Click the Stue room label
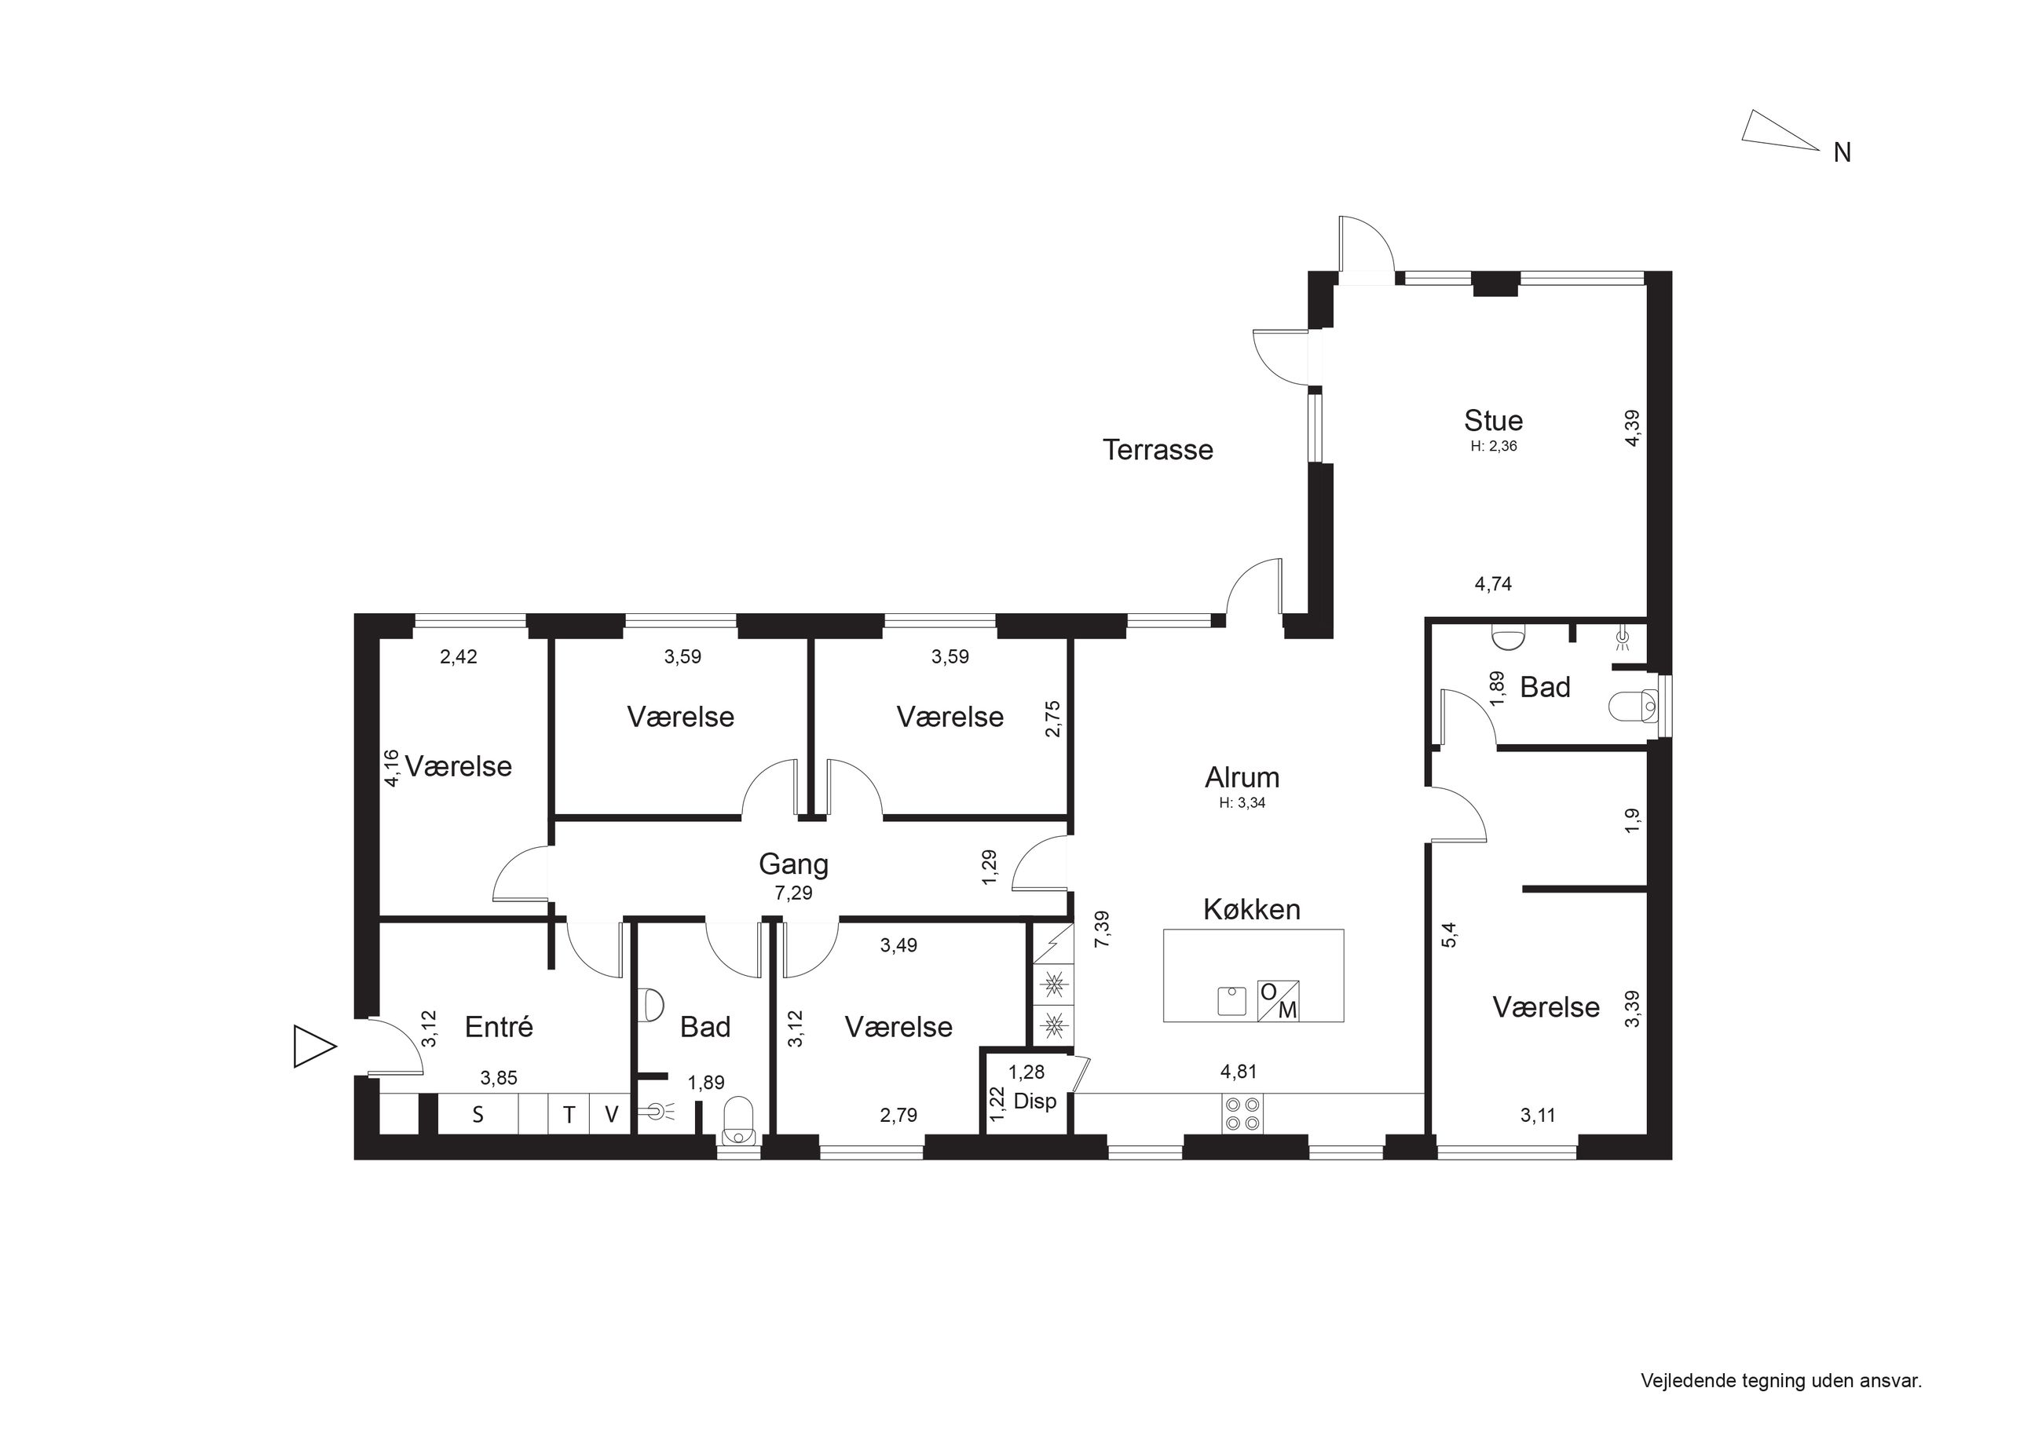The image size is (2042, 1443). point(1493,421)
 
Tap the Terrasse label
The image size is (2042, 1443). point(1158,450)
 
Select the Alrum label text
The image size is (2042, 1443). point(1242,778)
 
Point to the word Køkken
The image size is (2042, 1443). point(1251,910)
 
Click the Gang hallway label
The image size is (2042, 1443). point(793,864)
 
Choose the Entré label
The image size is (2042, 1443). point(499,1027)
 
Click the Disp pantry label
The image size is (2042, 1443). point(1035,1101)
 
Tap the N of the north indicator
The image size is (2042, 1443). point(1842,153)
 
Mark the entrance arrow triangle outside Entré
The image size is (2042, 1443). point(314,1046)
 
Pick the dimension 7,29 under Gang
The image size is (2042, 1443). point(793,893)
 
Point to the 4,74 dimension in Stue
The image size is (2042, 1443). point(1493,584)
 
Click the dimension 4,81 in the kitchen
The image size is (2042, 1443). point(1238,1072)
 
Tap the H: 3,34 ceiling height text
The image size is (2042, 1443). point(1242,803)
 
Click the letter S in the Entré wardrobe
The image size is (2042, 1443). point(478,1115)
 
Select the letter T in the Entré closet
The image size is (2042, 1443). point(569,1115)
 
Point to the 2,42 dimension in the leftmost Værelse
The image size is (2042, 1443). point(459,657)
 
